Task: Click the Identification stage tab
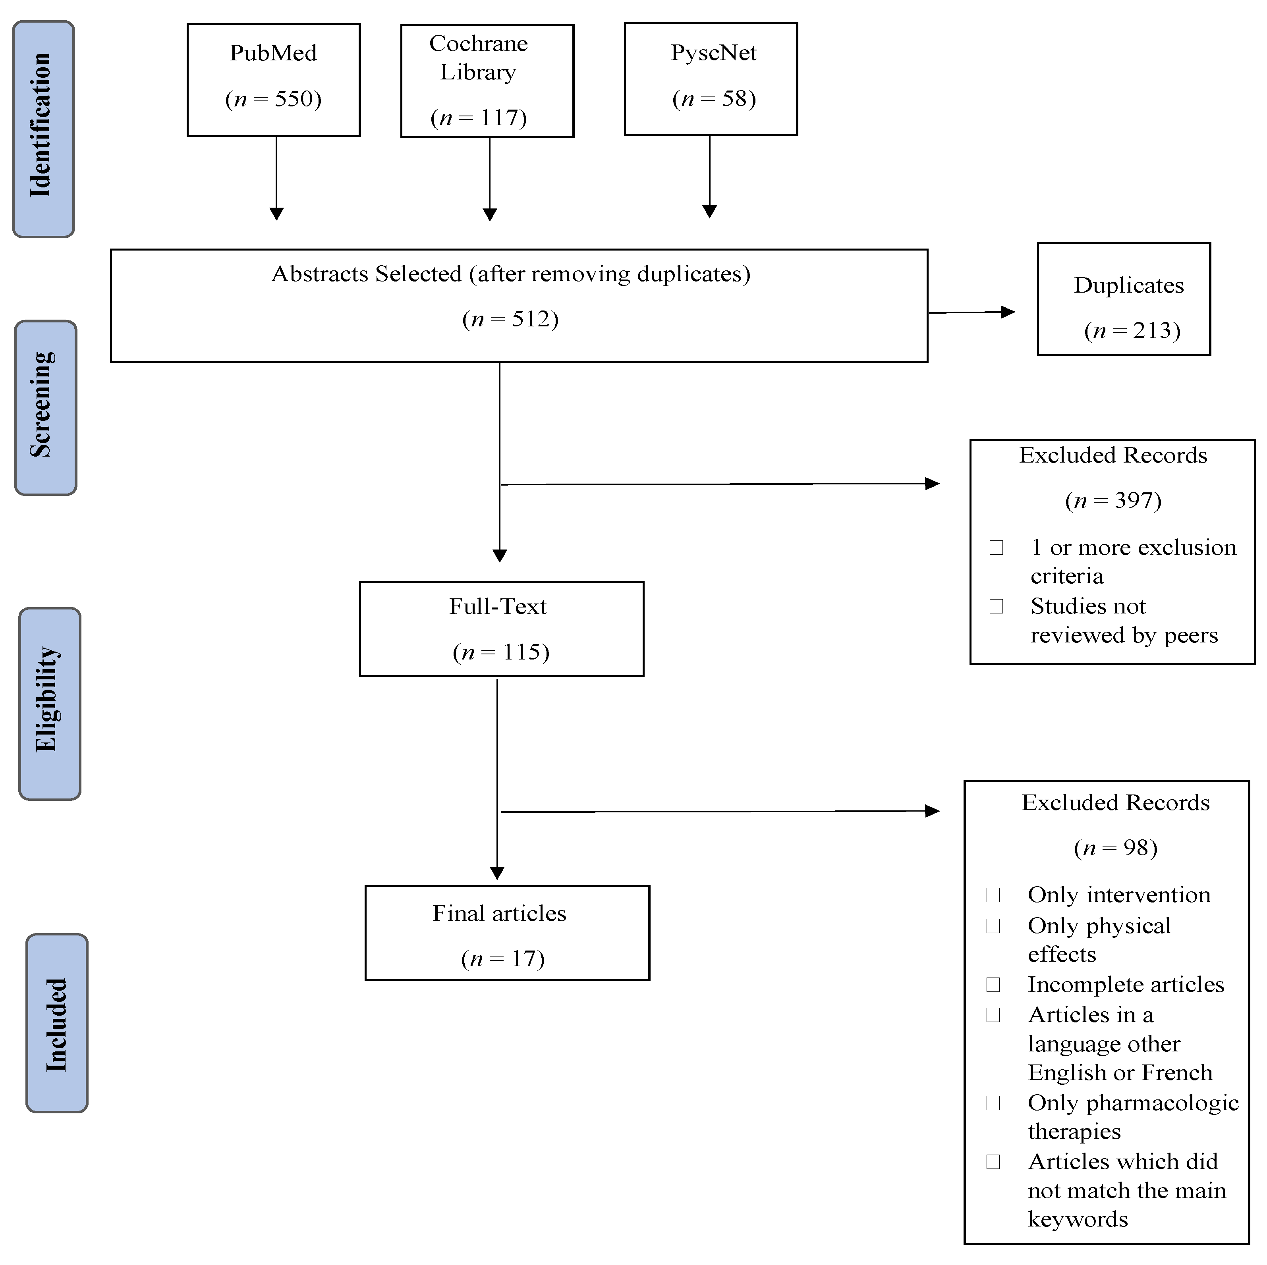click(x=43, y=129)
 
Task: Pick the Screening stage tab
click(x=45, y=407)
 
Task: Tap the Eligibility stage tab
click(x=49, y=703)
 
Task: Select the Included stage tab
click(x=56, y=1022)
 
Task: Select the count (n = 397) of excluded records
click(x=1113, y=501)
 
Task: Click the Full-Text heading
click(x=497, y=606)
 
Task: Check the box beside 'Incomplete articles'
click(x=993, y=984)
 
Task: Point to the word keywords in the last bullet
click(x=1078, y=1219)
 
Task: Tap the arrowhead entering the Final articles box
click(x=497, y=873)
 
